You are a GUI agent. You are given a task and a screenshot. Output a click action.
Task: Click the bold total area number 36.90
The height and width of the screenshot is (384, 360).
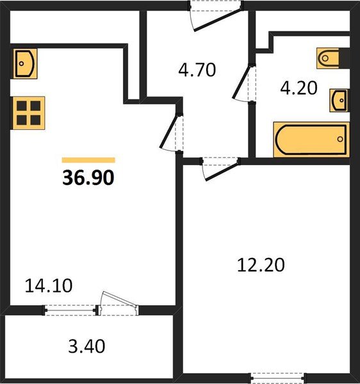88,177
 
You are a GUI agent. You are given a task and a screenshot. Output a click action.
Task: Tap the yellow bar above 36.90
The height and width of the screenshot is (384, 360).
88,160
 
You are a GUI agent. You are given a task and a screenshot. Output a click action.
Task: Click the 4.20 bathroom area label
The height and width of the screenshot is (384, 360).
299,87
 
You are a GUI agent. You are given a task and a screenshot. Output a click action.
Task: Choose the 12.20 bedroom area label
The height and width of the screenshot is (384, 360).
260,263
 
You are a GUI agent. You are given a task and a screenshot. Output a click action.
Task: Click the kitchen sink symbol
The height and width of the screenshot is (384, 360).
25,63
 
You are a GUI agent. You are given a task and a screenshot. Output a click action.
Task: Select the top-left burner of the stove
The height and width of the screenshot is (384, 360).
20,106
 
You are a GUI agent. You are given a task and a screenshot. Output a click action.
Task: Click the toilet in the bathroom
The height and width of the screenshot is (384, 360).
331,59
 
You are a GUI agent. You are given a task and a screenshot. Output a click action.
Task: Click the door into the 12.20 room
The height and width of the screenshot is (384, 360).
218,169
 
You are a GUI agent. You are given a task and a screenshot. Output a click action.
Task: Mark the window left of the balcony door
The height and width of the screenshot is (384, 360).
70,310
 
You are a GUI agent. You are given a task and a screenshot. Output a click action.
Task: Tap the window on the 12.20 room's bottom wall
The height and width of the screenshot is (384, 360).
277,376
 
